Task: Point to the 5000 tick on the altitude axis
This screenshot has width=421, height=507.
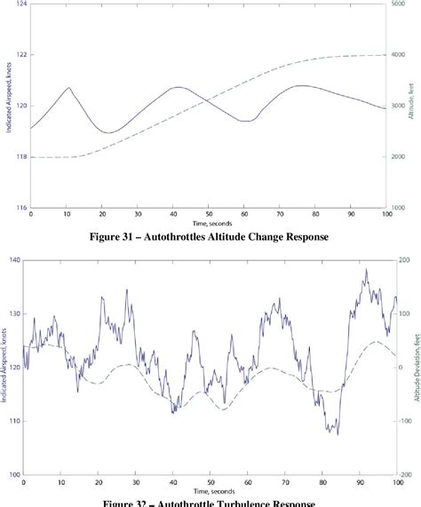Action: (x=402, y=4)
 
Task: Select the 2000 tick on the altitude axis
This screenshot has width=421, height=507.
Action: (x=402, y=157)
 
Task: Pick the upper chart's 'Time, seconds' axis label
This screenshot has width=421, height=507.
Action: (x=209, y=224)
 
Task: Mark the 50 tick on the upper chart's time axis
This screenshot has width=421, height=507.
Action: (x=209, y=215)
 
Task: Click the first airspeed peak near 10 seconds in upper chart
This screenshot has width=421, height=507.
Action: (x=68, y=88)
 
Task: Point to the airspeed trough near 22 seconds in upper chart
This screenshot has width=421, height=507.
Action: (x=108, y=132)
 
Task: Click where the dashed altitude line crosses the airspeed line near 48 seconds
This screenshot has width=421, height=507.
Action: (x=201, y=98)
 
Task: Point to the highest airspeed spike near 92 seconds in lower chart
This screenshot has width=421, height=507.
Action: (x=366, y=270)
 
